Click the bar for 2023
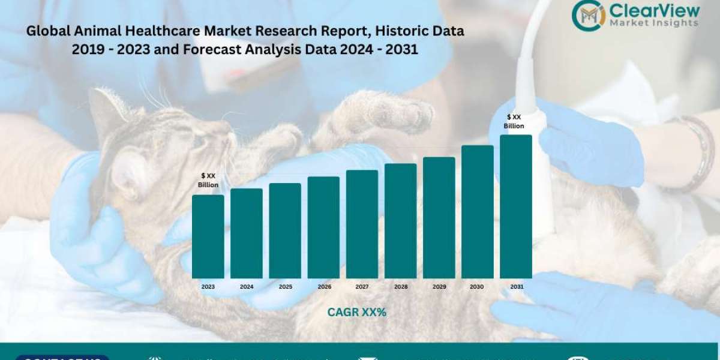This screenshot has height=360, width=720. pyautogui.click(x=208, y=236)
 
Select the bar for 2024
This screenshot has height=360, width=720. pyautogui.click(x=247, y=233)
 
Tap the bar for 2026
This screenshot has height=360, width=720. pyautogui.click(x=323, y=227)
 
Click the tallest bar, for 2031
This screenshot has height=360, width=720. pyautogui.click(x=516, y=206)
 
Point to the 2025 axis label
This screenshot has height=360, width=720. pyautogui.click(x=285, y=287)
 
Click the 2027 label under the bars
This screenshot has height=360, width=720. pyautogui.click(x=362, y=287)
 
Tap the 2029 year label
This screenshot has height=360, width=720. pyautogui.click(x=439, y=287)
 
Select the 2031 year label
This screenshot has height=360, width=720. pyautogui.click(x=517, y=287)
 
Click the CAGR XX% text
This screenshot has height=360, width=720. pyautogui.click(x=356, y=312)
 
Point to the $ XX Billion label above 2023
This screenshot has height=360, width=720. pyautogui.click(x=208, y=180)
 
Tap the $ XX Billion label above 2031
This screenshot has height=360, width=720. pyautogui.click(x=514, y=121)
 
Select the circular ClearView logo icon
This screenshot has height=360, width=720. pyautogui.click(x=588, y=15)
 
